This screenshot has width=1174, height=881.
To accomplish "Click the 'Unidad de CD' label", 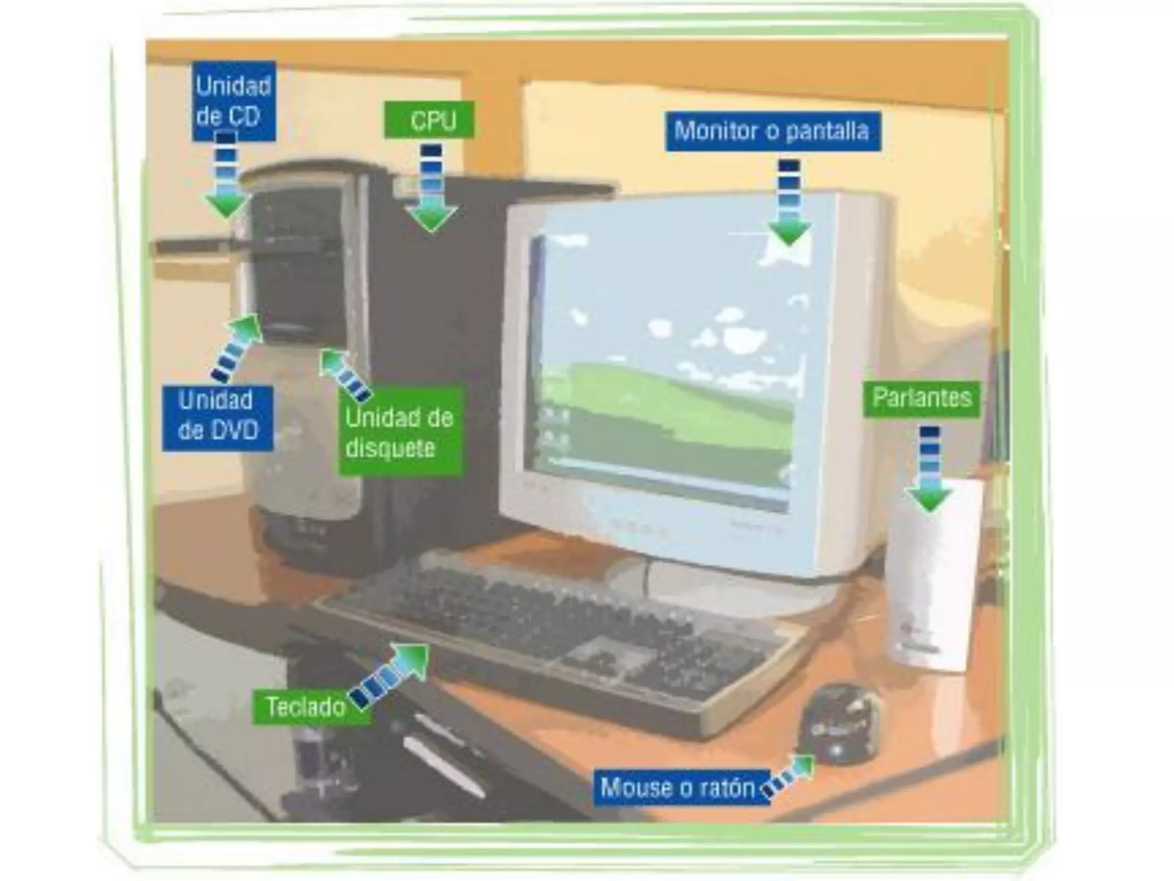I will click(x=234, y=101).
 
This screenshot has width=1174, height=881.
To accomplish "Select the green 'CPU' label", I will click(x=429, y=120).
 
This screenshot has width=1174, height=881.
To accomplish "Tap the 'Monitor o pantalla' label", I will click(x=772, y=131).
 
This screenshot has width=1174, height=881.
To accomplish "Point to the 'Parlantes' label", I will click(x=921, y=398).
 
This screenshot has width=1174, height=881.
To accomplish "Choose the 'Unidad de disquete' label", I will click(x=400, y=432).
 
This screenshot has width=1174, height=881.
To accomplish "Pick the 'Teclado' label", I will click(x=306, y=707).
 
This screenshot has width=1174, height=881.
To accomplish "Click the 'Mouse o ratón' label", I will click(x=678, y=788).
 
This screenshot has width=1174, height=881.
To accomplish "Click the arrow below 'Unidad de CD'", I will click(x=227, y=175).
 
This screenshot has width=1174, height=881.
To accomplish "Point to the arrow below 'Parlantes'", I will click(x=929, y=469).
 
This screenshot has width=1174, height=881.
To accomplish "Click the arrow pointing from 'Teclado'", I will click(x=391, y=675).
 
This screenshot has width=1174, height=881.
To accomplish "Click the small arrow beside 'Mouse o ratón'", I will click(x=790, y=776).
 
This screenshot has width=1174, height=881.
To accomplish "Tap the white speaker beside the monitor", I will click(x=932, y=579).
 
